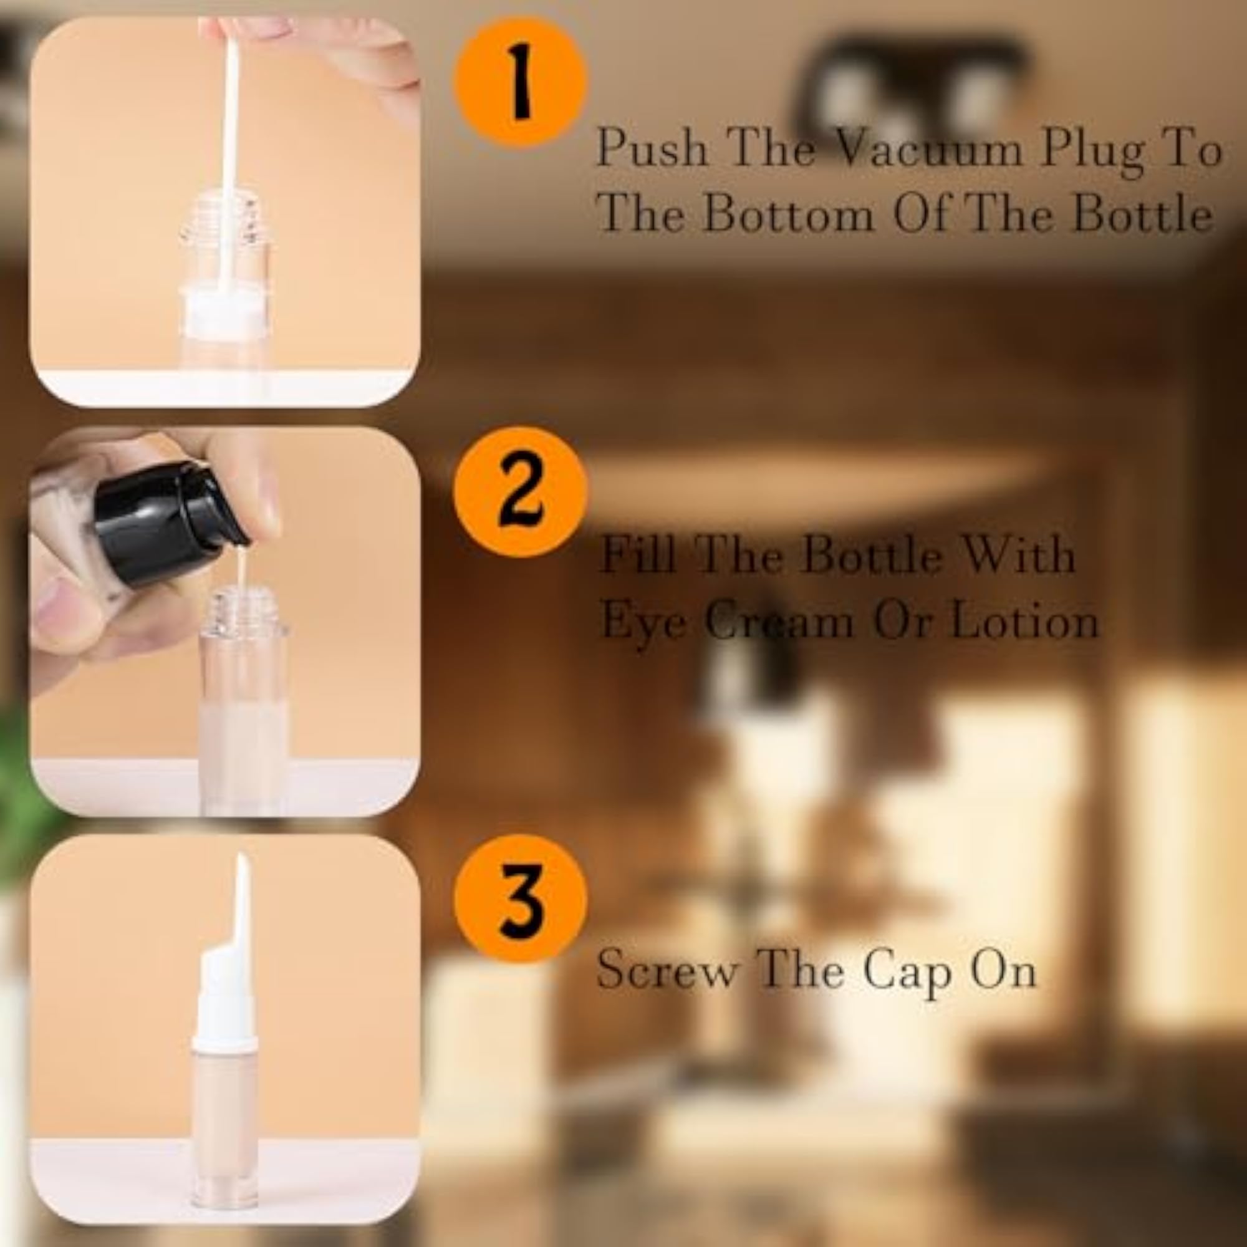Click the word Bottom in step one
point(787,214)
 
